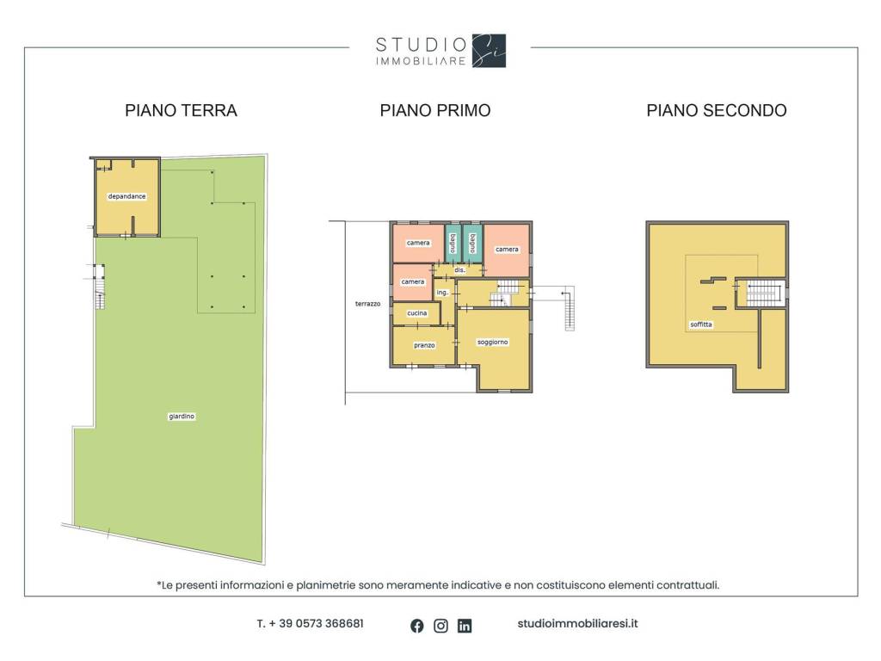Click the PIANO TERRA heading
coord(181,110)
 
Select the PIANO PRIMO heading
coord(435,110)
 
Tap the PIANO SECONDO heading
coord(717,110)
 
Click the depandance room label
coord(127,196)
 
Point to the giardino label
coord(182,417)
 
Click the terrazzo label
coord(368,304)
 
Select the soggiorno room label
coord(493,342)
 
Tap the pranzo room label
coord(424,345)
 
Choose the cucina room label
coord(417,313)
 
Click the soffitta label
coord(701,324)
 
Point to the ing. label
coord(443,293)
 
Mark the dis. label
coord(459,270)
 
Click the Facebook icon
coord(417,626)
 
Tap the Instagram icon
coord(441,626)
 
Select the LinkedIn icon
coord(465,626)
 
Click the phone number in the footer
coord(310,623)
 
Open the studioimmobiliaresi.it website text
coord(577,623)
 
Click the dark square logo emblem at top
coord(489,51)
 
